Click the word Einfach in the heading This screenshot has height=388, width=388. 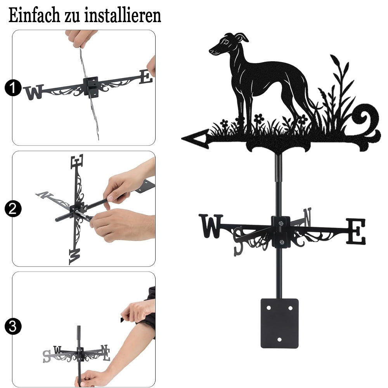35,15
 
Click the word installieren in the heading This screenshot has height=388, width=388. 123,15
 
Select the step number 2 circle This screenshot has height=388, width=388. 12,209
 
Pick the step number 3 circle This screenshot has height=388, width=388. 12,326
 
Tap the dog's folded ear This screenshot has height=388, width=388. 242,37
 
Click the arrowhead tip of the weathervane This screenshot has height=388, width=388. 182,139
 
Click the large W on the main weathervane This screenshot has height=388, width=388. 211,226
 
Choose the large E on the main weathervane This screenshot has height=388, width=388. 355,231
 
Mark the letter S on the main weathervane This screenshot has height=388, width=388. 239,241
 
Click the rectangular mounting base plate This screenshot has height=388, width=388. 280,323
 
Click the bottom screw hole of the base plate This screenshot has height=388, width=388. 280,339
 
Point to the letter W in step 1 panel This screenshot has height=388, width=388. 34,92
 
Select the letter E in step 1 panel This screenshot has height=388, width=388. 146,76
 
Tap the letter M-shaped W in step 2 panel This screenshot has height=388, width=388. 74,256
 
